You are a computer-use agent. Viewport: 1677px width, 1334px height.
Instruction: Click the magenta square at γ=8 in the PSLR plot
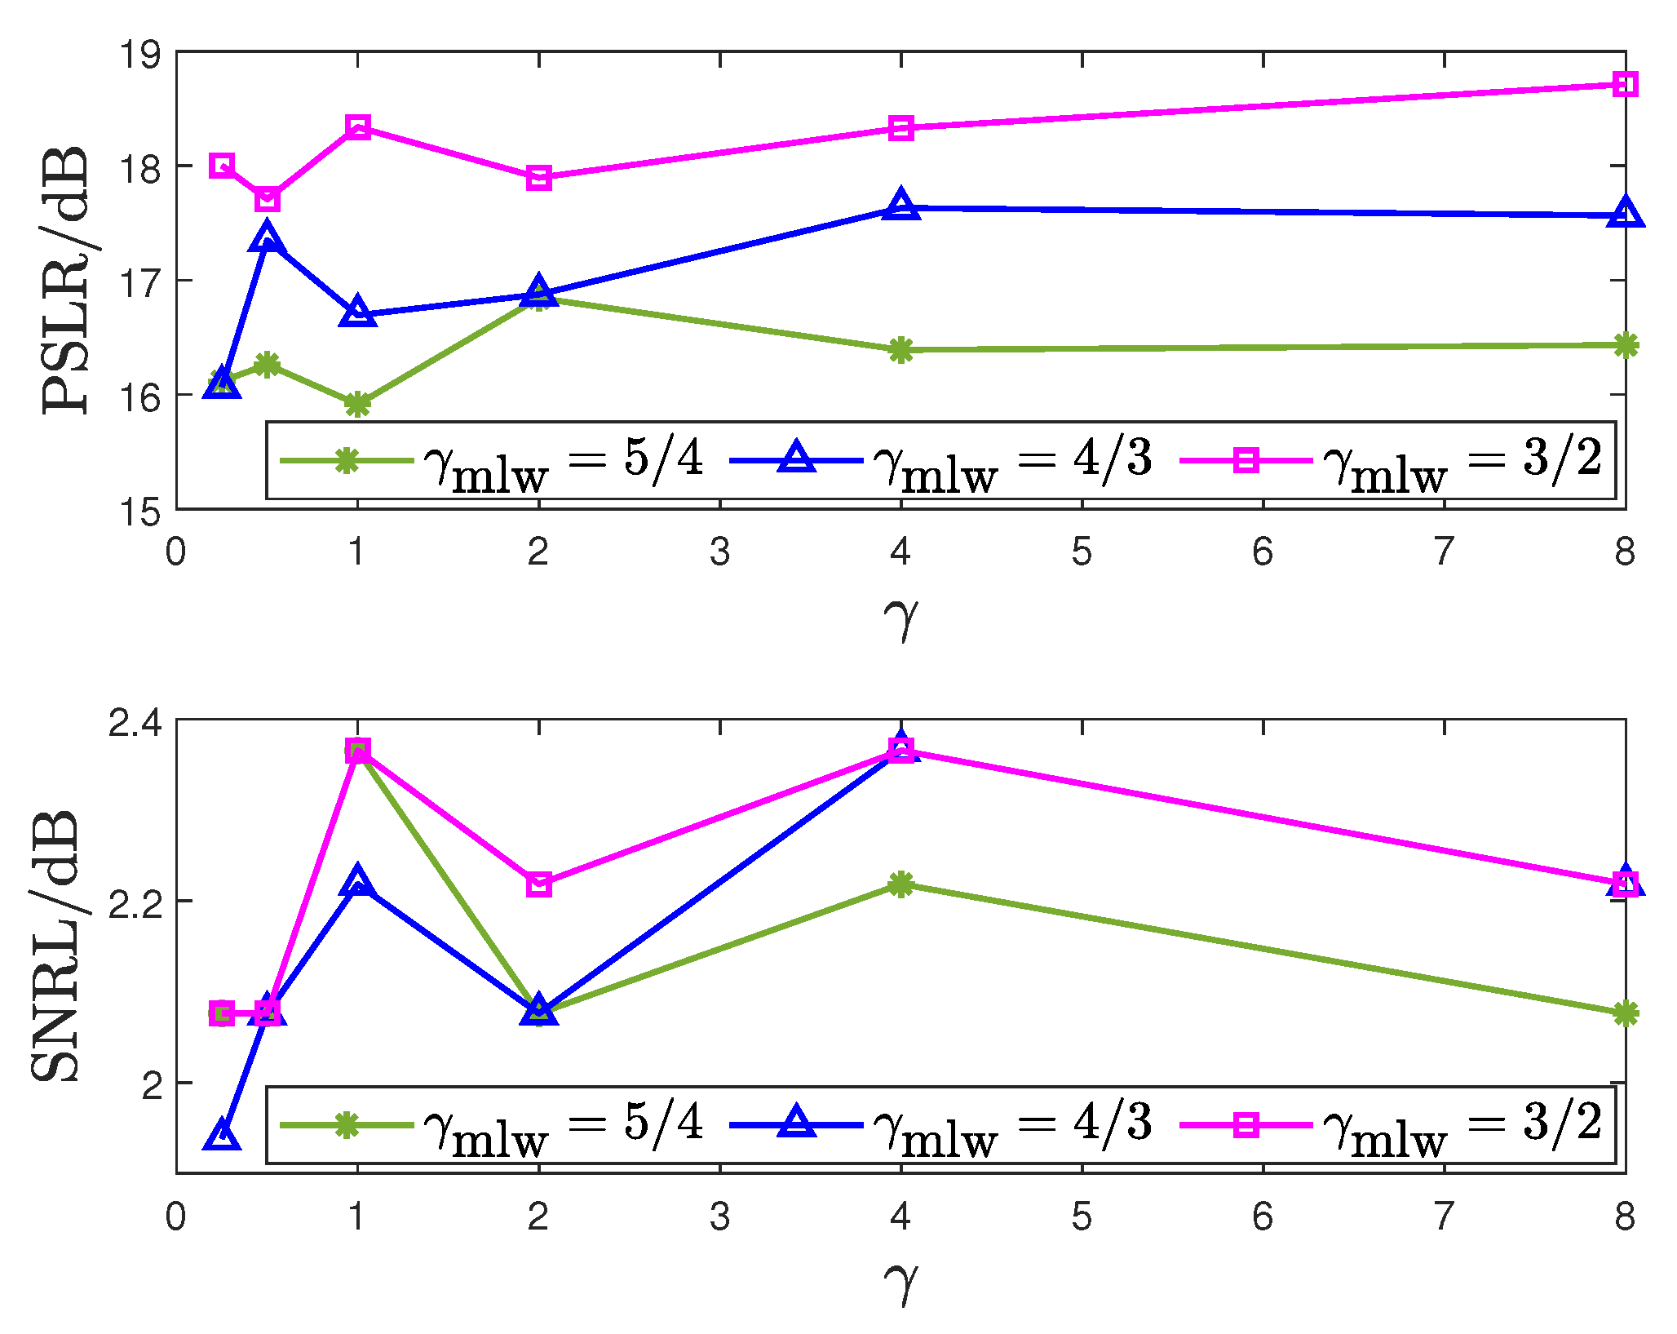click(1625, 84)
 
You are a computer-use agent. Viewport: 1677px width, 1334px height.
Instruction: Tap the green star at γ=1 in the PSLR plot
click(357, 404)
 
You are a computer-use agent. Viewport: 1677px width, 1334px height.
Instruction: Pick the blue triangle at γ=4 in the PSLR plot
click(900, 206)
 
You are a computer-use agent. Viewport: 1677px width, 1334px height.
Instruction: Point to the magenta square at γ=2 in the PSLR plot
click(539, 177)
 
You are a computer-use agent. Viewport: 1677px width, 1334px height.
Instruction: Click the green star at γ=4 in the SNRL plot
click(900, 884)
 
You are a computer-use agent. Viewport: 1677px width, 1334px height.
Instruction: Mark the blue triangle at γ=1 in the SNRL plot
click(357, 882)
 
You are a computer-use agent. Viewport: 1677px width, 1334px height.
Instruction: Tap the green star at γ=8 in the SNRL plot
click(1625, 1013)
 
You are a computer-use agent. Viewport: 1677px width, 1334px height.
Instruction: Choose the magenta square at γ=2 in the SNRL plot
click(539, 884)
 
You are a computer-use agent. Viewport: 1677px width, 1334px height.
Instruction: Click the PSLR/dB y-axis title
click(65, 280)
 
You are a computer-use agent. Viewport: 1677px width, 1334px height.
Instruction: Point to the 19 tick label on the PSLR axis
click(140, 55)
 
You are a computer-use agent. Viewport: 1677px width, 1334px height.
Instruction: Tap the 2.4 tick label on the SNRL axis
click(135, 722)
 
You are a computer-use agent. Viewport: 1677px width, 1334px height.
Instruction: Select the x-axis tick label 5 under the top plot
click(1082, 553)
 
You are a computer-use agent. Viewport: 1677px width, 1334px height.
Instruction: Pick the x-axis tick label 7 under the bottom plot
click(1444, 1217)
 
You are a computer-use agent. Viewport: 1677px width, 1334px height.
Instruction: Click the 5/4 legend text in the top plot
click(662, 459)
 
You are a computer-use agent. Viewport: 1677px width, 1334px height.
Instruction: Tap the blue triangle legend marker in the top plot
click(796, 459)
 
